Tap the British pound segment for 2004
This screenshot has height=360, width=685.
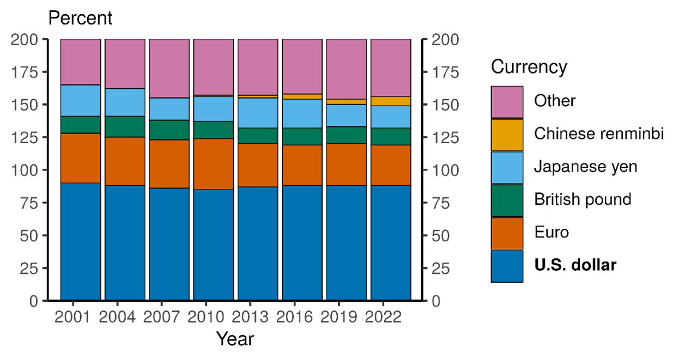[125, 126]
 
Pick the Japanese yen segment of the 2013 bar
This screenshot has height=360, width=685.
[258, 113]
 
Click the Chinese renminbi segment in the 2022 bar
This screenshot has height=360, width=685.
[391, 101]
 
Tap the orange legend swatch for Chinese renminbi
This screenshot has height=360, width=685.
[507, 135]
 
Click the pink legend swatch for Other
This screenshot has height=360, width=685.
[507, 102]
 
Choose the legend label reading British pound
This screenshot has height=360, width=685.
[582, 199]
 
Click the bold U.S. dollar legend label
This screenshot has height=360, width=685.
[575, 266]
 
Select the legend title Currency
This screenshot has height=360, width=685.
[529, 67]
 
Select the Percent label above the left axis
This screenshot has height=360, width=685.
[80, 18]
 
